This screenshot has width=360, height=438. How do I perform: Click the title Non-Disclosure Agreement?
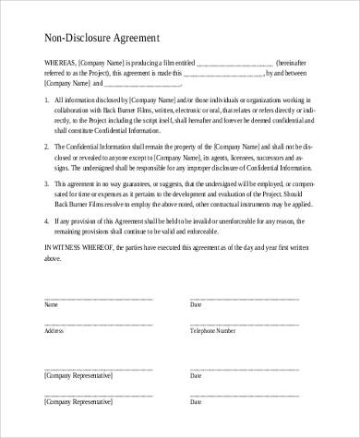[x=102, y=40]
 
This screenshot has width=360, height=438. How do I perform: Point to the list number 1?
[x=46, y=100]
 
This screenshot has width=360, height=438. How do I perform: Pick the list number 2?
[x=46, y=147]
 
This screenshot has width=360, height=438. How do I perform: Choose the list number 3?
[x=46, y=184]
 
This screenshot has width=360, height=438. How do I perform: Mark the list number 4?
[x=46, y=221]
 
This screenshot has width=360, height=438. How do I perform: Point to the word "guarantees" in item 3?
[x=137, y=184]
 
